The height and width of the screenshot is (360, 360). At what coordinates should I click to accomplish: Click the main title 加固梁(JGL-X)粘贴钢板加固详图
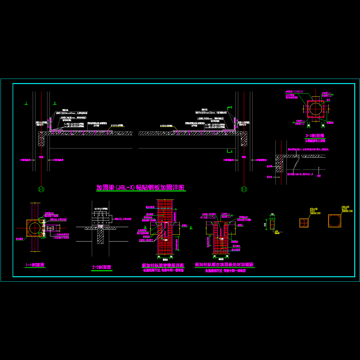pos(140,188)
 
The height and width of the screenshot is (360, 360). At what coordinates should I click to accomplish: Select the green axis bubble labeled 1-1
pos(41,189)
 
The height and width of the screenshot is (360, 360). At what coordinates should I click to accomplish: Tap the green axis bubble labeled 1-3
pos(244,189)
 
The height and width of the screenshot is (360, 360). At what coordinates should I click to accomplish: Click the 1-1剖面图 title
pos(35,265)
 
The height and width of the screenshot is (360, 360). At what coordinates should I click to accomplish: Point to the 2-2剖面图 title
pos(102,267)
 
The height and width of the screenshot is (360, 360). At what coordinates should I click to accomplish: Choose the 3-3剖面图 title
pos(315,136)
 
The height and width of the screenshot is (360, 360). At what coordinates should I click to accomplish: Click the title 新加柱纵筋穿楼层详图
pos(163,265)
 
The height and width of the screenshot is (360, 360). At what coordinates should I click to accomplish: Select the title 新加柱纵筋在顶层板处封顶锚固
pos(224,265)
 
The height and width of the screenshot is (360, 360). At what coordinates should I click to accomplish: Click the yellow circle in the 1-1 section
pos(35,228)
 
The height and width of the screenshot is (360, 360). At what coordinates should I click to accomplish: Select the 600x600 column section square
pos(334,220)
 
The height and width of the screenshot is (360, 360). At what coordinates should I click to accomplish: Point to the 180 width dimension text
pos(272,214)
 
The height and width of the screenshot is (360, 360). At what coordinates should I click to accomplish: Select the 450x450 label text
pos(313,209)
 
